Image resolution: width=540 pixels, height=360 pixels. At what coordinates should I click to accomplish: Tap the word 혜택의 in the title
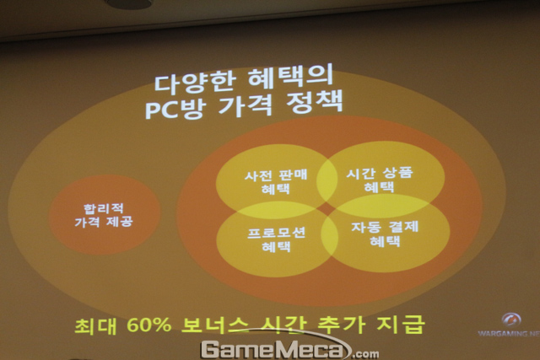(x=290, y=77)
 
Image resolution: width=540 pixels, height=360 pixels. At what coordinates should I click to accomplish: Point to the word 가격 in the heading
(x=246, y=104)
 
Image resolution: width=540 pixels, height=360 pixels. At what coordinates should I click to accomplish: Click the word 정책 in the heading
(x=315, y=101)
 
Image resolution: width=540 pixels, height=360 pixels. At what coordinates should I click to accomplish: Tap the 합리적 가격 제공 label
(x=104, y=216)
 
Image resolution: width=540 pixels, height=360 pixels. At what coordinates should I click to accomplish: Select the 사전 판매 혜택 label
(x=276, y=182)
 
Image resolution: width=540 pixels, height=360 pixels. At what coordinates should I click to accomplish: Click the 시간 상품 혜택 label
(x=379, y=180)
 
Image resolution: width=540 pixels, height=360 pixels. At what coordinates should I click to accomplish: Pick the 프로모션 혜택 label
(x=277, y=239)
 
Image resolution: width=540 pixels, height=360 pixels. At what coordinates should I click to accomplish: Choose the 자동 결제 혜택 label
(x=385, y=234)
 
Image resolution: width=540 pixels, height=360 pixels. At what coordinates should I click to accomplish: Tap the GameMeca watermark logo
(x=290, y=348)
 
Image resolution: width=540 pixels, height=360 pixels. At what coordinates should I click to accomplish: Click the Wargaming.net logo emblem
(x=511, y=320)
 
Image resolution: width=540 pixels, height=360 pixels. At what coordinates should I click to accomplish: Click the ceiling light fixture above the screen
(x=128, y=3)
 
